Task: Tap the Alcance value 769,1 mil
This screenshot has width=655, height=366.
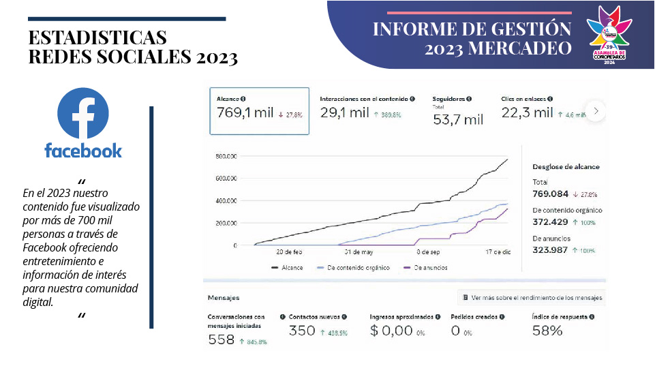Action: (245, 113)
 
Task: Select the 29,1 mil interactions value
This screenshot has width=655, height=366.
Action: (344, 113)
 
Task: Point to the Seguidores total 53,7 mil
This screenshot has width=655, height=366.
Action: (458, 120)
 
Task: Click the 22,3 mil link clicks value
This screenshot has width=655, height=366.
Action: (527, 113)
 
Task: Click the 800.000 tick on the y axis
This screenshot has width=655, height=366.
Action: (226, 156)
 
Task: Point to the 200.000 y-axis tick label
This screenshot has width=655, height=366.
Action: (226, 223)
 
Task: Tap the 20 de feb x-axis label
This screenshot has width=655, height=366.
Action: (289, 252)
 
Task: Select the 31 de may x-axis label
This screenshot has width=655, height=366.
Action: (359, 252)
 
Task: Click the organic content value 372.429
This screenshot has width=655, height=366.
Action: (550, 222)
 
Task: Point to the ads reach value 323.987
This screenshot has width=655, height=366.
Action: (550, 250)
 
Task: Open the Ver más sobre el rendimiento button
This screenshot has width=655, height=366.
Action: (532, 298)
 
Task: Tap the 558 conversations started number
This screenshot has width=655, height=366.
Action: (222, 339)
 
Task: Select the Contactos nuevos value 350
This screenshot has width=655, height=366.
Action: (302, 331)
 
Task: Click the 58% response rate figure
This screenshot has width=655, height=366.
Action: (547, 331)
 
